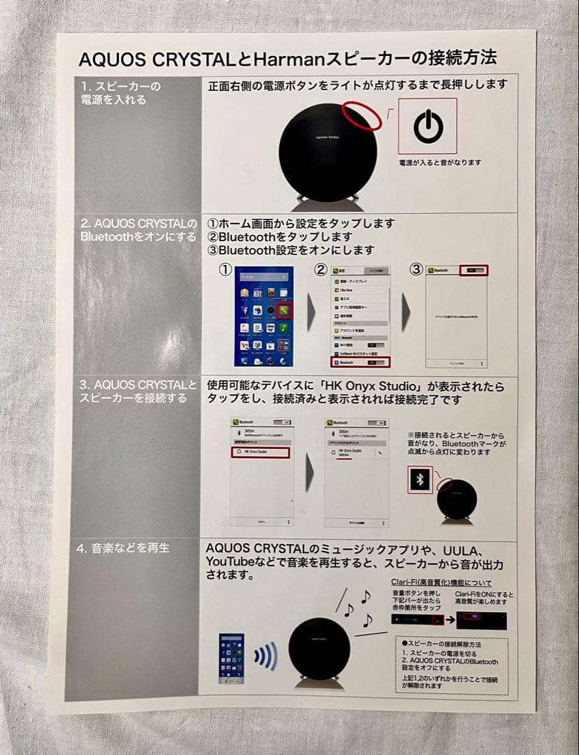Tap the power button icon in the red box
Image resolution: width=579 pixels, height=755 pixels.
point(427,126)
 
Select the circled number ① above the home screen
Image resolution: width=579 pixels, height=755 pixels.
point(226,270)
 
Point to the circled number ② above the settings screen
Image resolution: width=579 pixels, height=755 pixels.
point(320,270)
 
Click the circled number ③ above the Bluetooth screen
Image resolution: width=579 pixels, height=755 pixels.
point(416,270)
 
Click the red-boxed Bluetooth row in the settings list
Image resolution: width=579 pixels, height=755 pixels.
point(359,362)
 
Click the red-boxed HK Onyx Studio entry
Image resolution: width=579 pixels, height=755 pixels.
point(259,453)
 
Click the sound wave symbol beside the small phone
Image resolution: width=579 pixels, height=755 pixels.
point(265,656)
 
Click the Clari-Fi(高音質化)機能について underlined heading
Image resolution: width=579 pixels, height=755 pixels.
point(441,583)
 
